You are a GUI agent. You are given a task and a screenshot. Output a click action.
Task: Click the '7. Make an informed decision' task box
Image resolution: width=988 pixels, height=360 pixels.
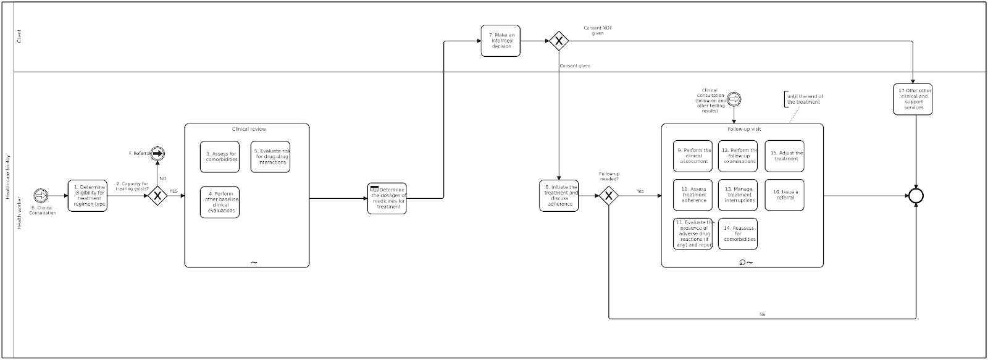[500, 41]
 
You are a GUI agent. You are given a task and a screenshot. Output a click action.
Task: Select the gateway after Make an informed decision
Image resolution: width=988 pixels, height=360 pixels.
[558, 41]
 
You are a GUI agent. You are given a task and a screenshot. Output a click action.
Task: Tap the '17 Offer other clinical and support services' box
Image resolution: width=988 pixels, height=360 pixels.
[912, 99]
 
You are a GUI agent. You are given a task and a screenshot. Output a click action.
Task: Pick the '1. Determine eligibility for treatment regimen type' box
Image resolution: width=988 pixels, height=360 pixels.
[87, 196]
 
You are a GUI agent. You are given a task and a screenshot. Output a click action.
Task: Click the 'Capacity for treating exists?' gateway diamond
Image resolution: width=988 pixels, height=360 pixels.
[157, 196]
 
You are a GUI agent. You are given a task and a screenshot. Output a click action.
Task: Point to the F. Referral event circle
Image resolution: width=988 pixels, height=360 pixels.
[157, 153]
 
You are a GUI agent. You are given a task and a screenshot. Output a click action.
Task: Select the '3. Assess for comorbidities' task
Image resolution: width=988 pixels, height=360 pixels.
[220, 157]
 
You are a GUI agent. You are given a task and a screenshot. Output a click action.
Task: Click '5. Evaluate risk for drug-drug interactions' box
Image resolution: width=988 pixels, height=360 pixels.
[270, 157]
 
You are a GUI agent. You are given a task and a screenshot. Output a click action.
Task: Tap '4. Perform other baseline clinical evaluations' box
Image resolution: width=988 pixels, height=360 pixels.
[220, 202]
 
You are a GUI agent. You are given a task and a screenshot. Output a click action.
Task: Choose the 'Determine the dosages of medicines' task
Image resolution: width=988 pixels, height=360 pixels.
[387, 198]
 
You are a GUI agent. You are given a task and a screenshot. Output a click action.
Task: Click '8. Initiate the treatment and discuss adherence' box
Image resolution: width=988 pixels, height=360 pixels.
[559, 196]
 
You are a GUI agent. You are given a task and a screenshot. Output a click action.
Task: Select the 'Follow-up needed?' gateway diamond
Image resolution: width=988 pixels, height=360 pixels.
[609, 196]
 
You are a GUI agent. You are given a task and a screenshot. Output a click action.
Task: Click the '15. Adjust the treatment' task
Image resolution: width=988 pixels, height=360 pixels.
[784, 156]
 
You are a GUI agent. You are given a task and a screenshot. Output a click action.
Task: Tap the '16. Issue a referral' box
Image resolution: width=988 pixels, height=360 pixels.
[784, 195]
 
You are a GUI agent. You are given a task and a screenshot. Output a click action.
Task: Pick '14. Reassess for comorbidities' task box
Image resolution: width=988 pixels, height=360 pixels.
[738, 234]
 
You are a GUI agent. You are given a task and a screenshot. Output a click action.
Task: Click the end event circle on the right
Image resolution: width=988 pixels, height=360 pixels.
[916, 196]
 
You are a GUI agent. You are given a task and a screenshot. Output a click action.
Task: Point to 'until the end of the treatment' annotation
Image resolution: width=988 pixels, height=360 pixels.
[804, 99]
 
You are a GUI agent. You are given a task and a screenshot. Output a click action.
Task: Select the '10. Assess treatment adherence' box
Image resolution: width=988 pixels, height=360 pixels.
[693, 195]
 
